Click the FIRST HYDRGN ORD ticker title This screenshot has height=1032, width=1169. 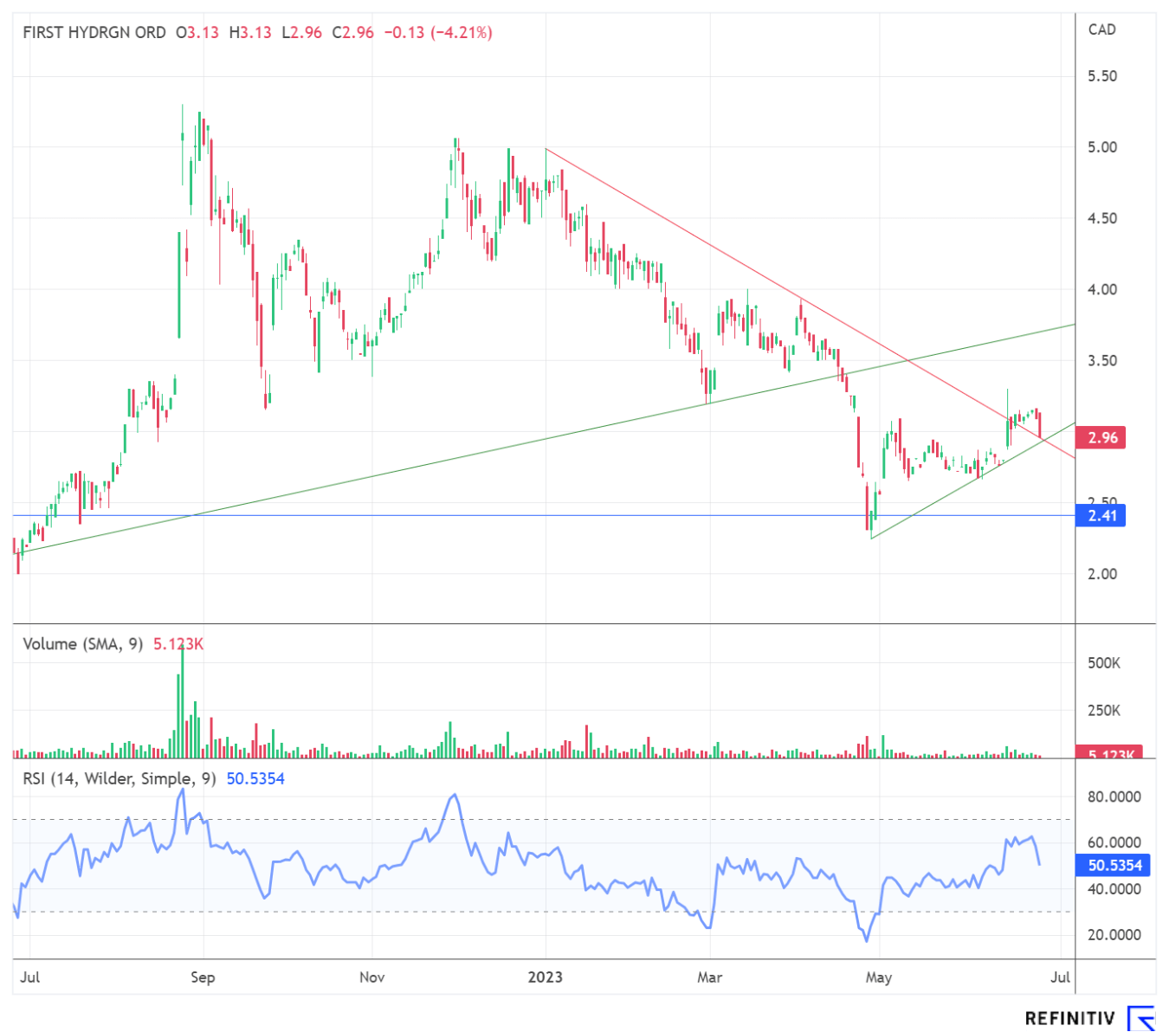point(94,33)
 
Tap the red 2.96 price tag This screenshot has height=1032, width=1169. point(1101,437)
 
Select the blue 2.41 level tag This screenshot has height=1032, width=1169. point(1101,516)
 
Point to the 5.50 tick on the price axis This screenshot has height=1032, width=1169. point(1101,76)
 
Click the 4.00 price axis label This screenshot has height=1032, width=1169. point(1101,289)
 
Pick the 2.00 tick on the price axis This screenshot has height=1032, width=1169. point(1101,574)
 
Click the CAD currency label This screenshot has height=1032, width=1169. point(1101,29)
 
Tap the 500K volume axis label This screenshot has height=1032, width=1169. point(1104,663)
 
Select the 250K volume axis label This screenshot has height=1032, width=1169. point(1104,711)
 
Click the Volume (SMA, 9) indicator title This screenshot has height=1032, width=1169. point(83,644)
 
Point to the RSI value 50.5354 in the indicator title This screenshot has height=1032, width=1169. point(255,779)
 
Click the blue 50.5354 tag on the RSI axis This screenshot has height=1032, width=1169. point(1114,865)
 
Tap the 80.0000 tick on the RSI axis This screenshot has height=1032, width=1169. point(1114,797)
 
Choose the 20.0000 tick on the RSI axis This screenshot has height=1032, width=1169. point(1114,935)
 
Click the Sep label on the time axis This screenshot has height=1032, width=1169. point(203,977)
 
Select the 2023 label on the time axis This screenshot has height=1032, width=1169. point(546,977)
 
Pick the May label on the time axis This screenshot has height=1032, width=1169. point(878,977)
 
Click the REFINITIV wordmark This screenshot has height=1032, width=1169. point(1069,1018)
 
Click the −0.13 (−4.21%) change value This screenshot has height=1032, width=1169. point(438,33)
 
